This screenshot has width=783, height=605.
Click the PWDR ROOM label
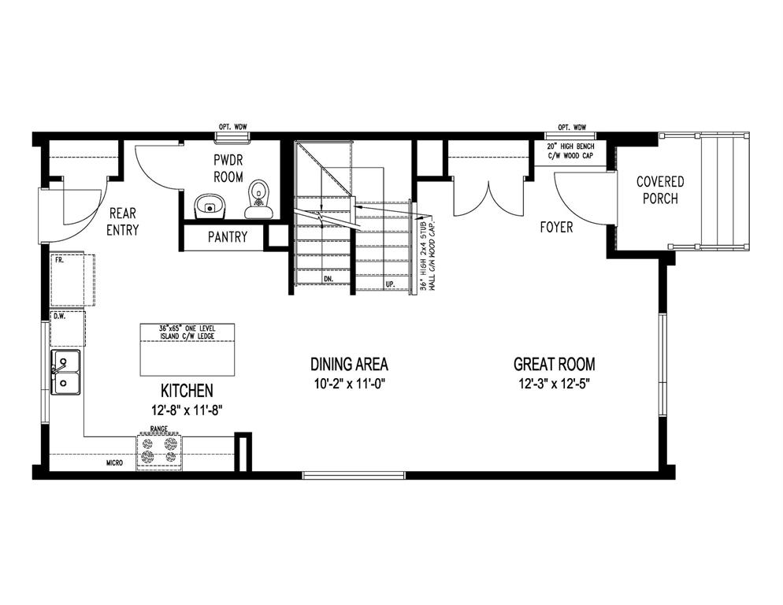coord(228,169)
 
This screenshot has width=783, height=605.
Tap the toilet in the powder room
coord(259,199)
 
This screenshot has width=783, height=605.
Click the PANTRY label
coord(228,236)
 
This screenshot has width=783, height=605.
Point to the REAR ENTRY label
coord(123,221)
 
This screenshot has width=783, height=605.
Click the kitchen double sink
coord(65,373)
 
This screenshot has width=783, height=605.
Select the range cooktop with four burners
coord(159,451)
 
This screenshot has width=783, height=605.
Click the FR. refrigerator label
coord(59,260)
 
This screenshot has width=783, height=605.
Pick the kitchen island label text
coord(187,332)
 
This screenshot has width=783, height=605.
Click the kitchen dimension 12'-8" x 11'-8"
coord(187,410)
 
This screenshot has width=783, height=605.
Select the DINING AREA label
coord(349,364)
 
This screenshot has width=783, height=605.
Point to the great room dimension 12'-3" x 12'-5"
coord(555,384)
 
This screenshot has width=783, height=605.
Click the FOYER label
coord(556,228)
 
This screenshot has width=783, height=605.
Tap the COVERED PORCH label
coord(660,190)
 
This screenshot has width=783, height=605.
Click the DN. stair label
coord(328,279)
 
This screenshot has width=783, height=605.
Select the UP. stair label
coord(391,284)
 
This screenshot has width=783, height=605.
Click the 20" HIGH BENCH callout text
coord(571,151)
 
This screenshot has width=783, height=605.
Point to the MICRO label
coord(114,463)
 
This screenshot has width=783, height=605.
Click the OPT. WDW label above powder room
coord(233,127)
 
